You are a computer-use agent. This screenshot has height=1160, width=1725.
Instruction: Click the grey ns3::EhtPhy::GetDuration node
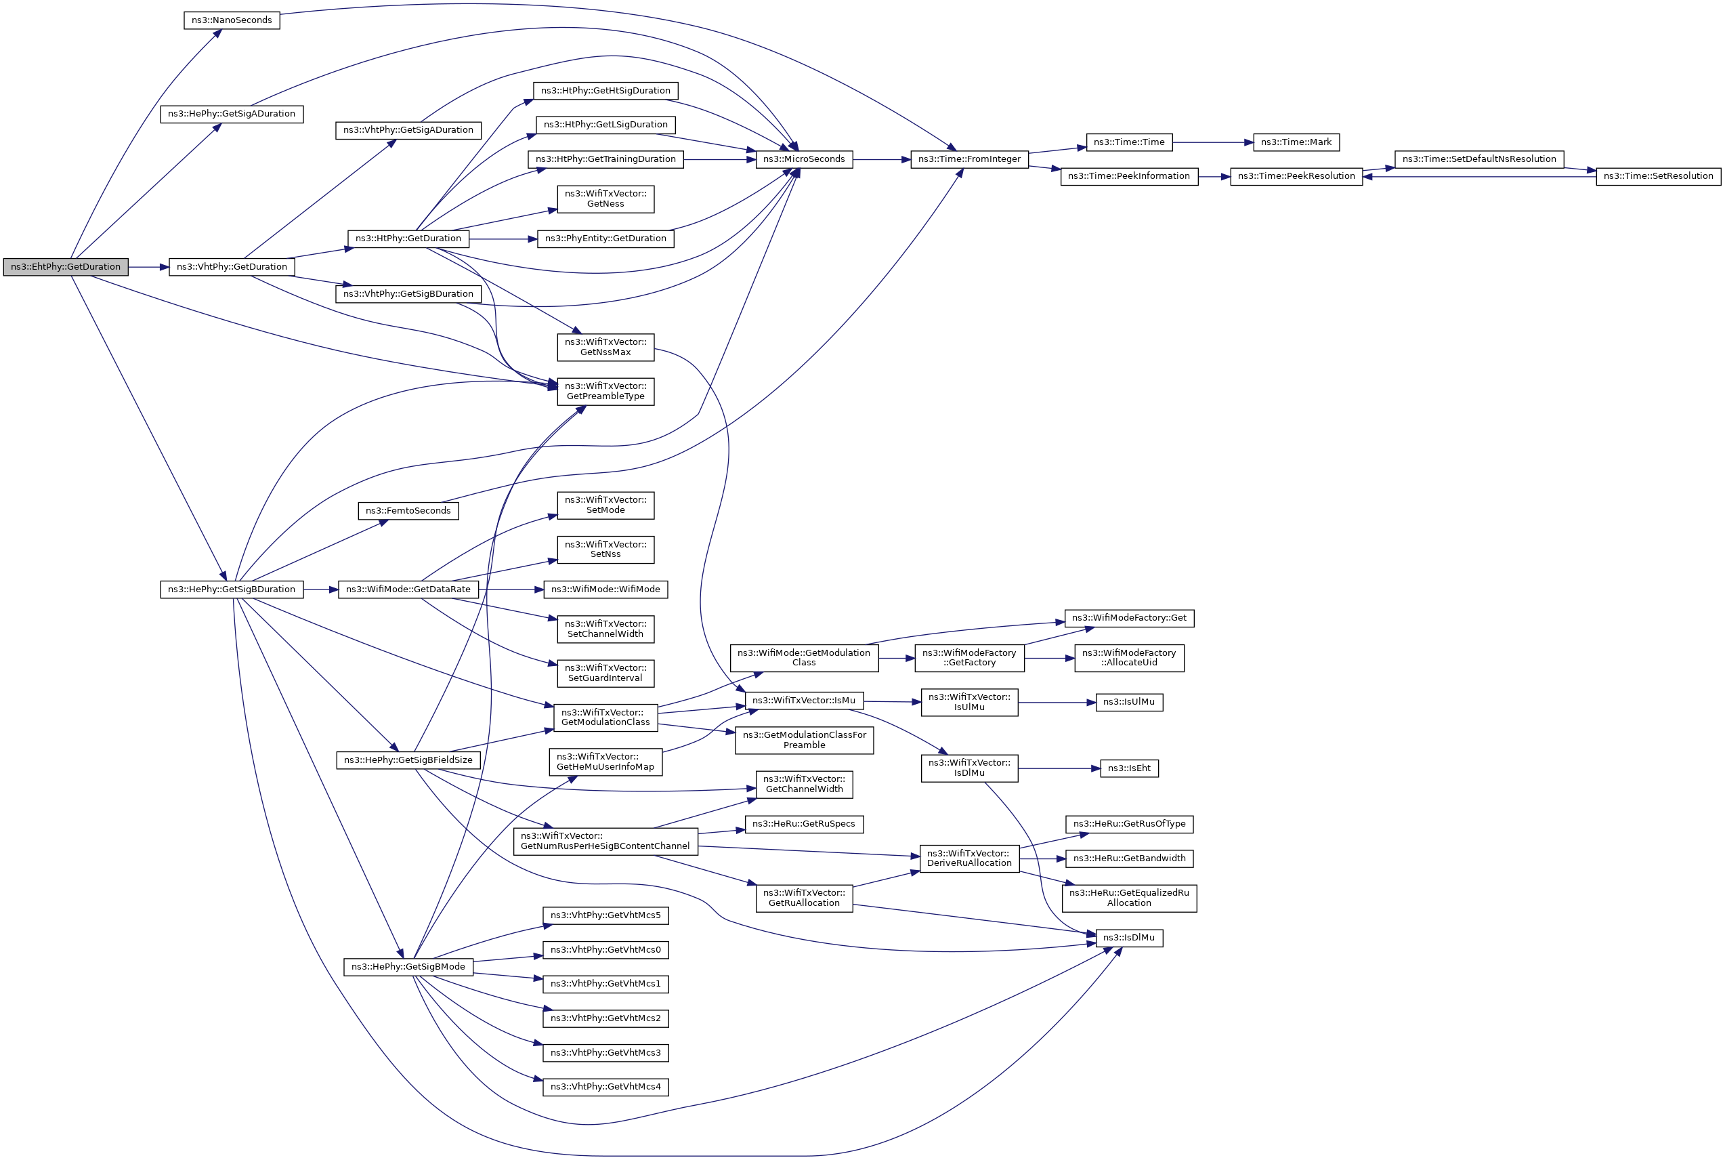pyautogui.click(x=65, y=267)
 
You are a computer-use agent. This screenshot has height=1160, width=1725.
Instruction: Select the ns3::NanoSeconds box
pyautogui.click(x=232, y=20)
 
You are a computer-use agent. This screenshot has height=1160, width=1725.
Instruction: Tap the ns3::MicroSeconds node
pyautogui.click(x=804, y=159)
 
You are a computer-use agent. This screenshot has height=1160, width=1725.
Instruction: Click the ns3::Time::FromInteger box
pyautogui.click(x=968, y=159)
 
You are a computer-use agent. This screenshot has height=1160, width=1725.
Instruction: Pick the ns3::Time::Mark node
pyautogui.click(x=1296, y=142)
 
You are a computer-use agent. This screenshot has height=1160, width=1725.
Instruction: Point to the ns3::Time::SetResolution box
pyautogui.click(x=1658, y=177)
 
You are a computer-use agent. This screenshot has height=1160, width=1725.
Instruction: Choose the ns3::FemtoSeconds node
pyautogui.click(x=408, y=510)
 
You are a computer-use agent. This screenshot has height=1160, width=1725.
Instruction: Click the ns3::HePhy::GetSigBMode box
pyautogui.click(x=408, y=967)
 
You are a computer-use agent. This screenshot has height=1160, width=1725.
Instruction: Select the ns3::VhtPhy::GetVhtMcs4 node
pyautogui.click(x=605, y=1087)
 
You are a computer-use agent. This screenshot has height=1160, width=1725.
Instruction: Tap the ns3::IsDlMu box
pyautogui.click(x=1128, y=938)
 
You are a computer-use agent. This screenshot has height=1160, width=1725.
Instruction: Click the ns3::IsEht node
pyautogui.click(x=1128, y=768)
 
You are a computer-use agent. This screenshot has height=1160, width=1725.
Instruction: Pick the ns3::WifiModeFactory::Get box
pyautogui.click(x=1128, y=619)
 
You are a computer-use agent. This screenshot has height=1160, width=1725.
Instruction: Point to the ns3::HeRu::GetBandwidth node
pyautogui.click(x=1128, y=859)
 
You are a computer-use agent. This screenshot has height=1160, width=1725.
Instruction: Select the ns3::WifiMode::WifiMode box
pyautogui.click(x=605, y=589)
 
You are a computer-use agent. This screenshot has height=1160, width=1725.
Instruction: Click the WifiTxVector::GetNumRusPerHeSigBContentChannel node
pyautogui.click(x=605, y=841)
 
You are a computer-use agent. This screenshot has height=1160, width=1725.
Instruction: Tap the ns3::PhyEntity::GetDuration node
pyautogui.click(x=605, y=239)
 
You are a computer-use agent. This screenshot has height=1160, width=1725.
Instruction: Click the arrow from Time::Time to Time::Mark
pyautogui.click(x=1212, y=142)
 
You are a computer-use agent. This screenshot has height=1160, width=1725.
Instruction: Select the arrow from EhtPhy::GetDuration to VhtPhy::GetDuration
pyautogui.click(x=148, y=267)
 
